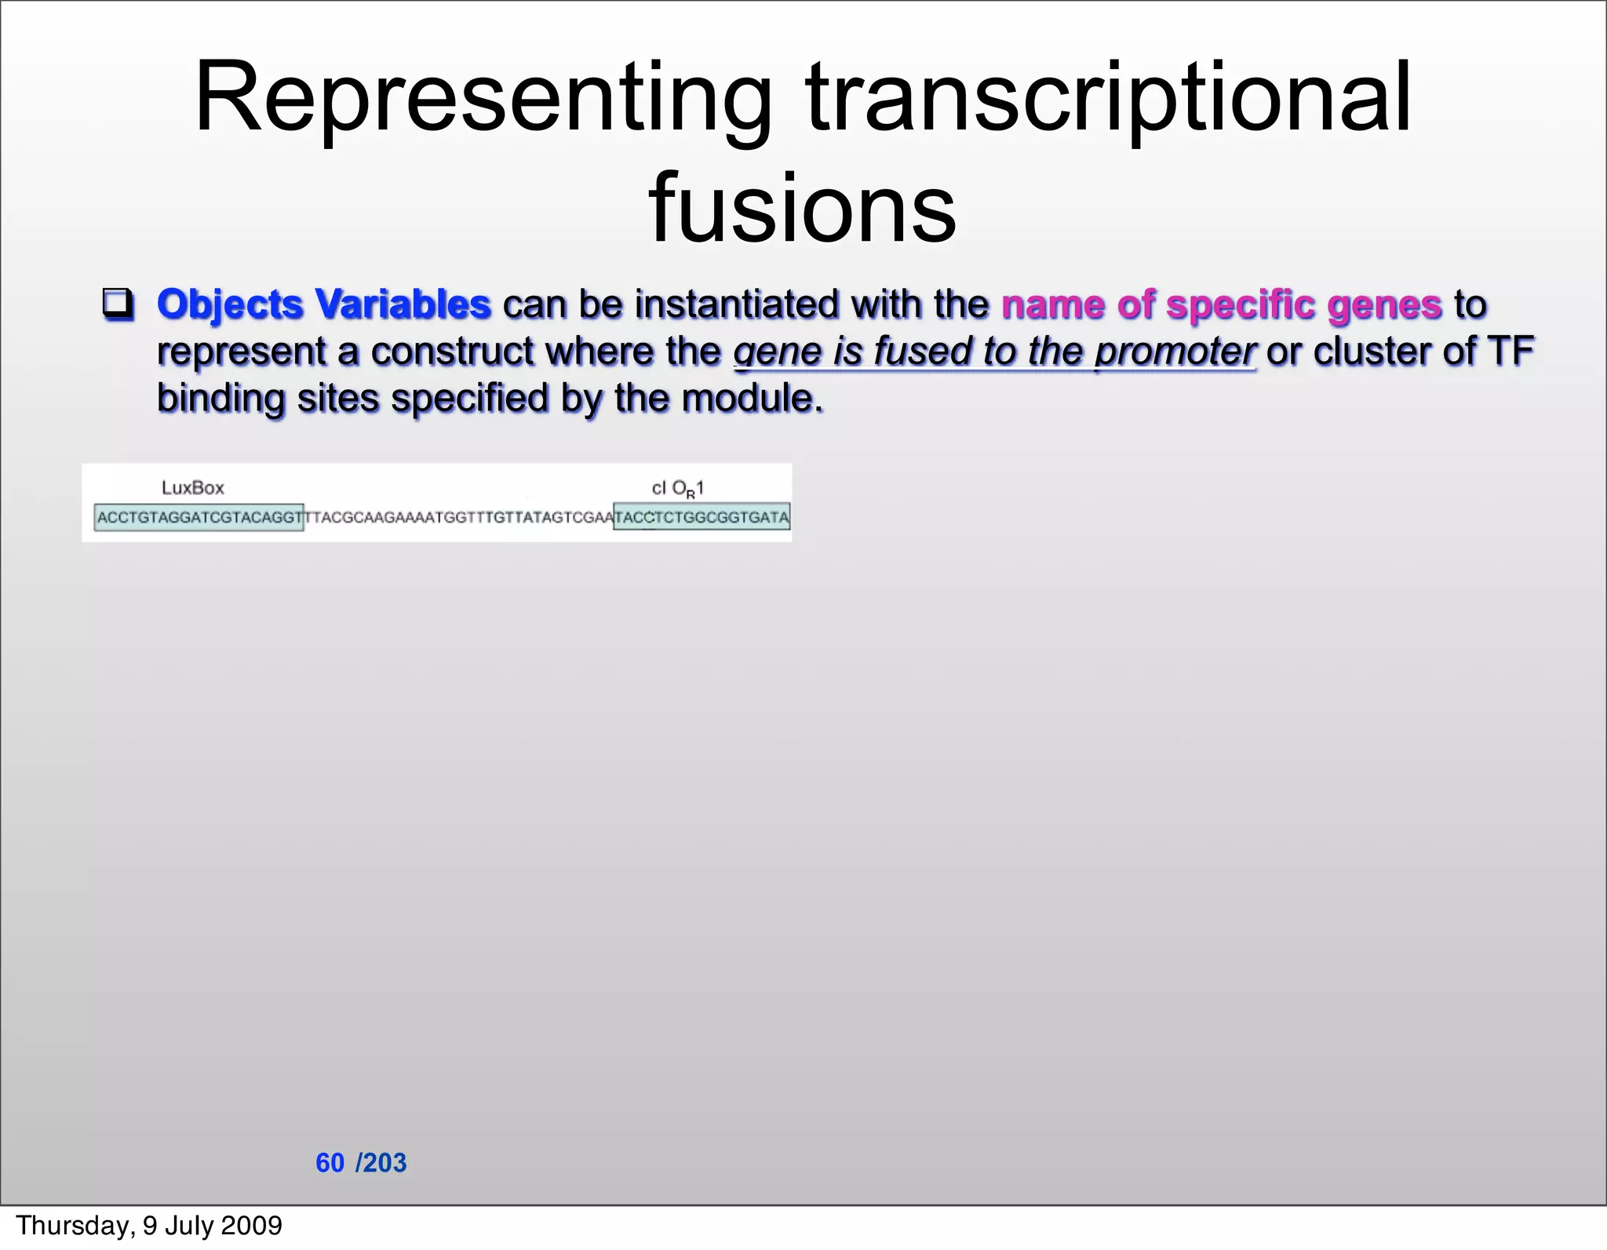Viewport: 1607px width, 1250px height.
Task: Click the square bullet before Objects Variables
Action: [118, 304]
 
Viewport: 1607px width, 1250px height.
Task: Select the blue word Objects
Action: [229, 305]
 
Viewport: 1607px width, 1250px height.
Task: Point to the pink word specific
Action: [1241, 304]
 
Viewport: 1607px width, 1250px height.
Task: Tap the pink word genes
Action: [1384, 304]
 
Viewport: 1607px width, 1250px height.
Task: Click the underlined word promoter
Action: [1175, 352]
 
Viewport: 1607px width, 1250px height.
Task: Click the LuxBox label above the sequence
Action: [192, 488]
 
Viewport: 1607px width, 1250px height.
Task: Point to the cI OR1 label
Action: [677, 489]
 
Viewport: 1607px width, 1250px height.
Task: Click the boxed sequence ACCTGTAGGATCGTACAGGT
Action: [199, 518]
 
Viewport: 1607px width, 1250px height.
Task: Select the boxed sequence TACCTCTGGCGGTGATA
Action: [701, 518]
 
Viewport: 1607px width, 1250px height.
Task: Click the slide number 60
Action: [330, 1163]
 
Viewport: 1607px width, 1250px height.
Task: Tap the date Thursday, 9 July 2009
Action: [149, 1226]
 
